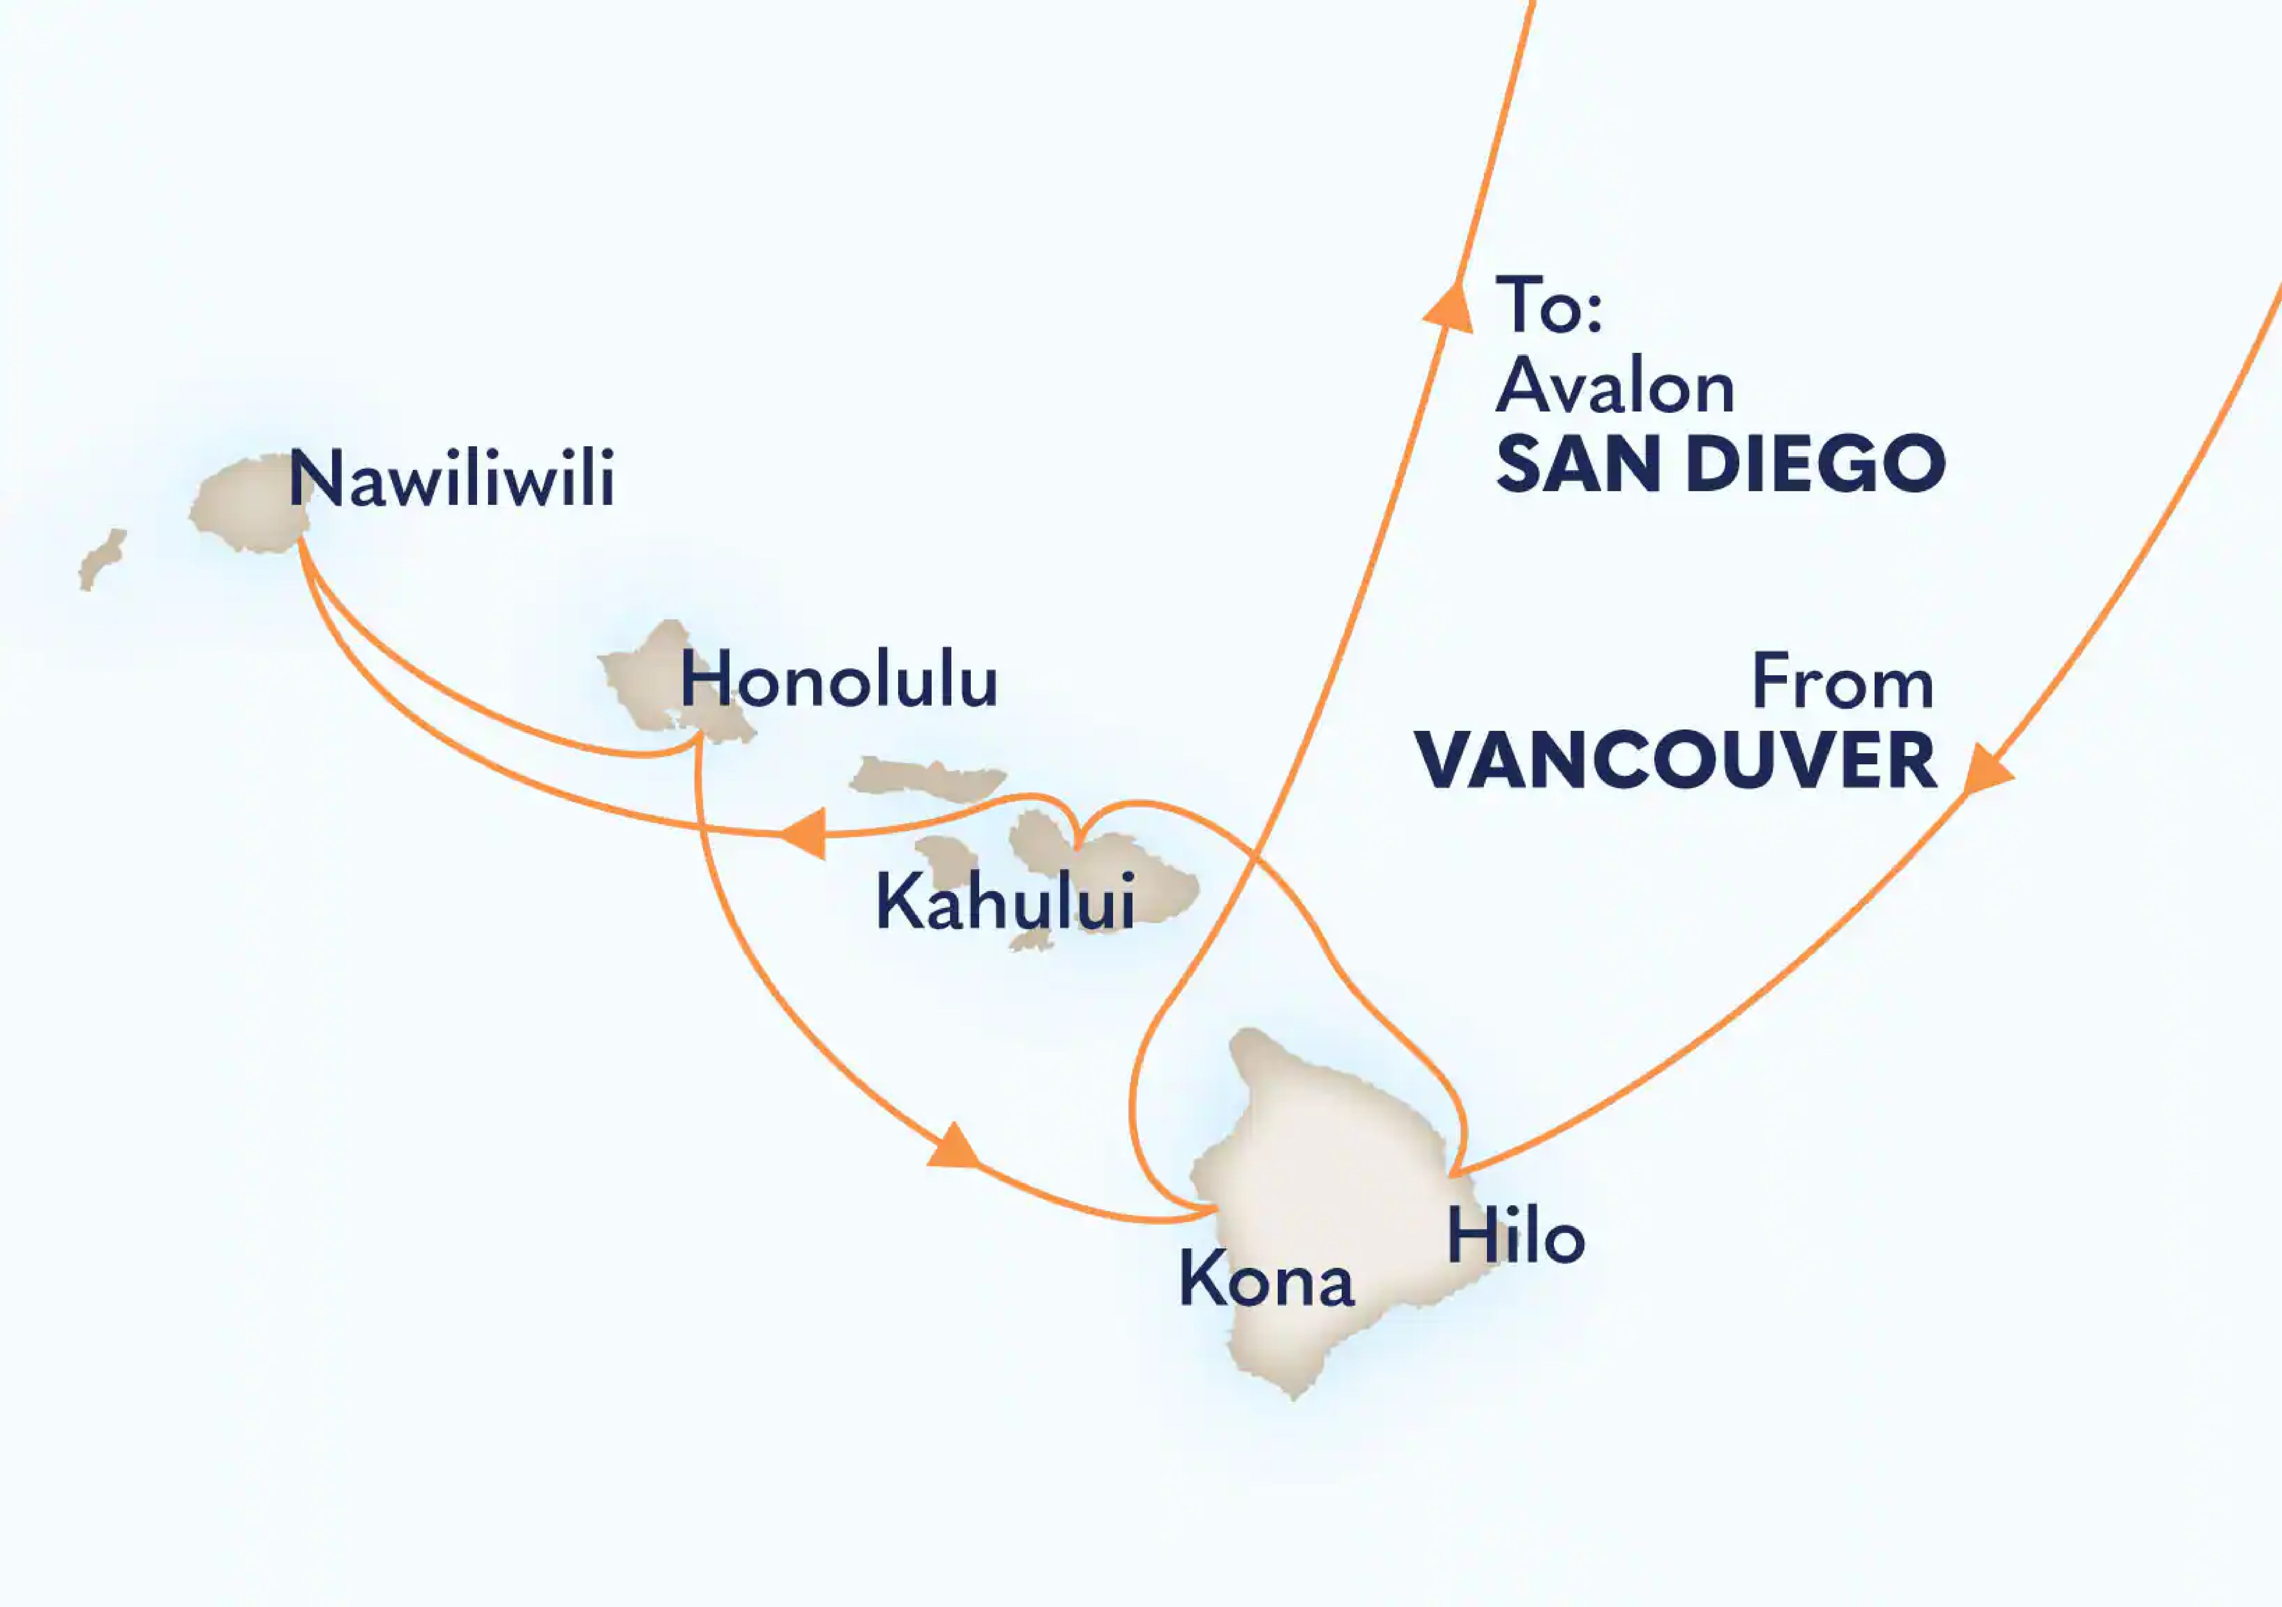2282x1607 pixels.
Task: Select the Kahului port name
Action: (x=1004, y=902)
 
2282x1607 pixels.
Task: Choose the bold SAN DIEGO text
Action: (x=1720, y=464)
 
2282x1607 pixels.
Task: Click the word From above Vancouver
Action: (x=1842, y=683)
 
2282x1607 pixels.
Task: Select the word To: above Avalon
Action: (x=1549, y=306)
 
